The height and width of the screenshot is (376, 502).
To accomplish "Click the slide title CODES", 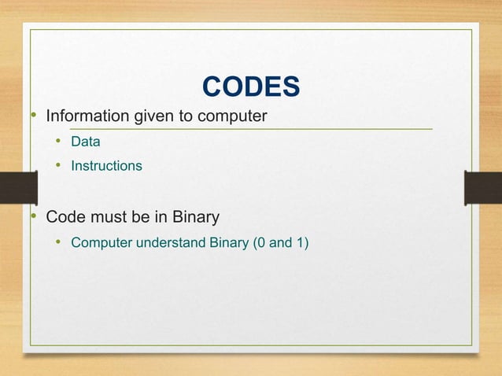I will click(251, 87).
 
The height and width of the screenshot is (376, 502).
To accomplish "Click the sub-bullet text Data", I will click(86, 142).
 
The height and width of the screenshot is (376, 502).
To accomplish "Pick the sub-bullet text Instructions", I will click(106, 166).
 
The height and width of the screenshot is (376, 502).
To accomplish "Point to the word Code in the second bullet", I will click(65, 216).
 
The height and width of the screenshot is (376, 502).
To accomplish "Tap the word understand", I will click(172, 241).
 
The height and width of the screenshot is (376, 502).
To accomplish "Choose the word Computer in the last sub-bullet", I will click(102, 241).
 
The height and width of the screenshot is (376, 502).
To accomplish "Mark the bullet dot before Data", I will click(57, 142).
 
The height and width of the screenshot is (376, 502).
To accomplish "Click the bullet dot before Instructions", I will click(57, 166).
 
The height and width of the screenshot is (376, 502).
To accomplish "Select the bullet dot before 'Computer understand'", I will click(57, 241).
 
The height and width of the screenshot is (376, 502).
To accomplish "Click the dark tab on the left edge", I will click(18, 188).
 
